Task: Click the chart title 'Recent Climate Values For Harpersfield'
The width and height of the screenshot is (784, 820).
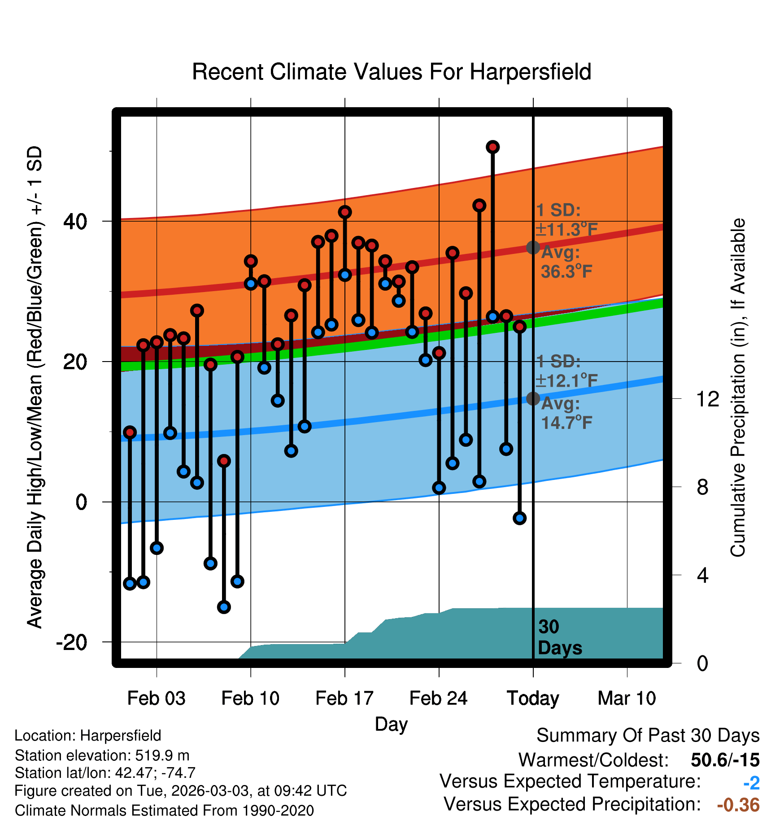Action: pos(392,72)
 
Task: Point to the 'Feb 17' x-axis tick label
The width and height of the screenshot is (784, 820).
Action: pos(344,698)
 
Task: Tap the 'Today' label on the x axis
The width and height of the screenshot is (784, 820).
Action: pos(533,698)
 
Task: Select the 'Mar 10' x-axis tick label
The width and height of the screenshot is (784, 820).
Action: pos(627,698)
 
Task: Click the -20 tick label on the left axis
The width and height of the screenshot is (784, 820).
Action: pos(72,642)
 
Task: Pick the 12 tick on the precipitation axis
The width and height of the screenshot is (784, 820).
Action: pos(708,399)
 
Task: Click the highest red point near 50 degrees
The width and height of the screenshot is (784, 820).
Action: pos(493,147)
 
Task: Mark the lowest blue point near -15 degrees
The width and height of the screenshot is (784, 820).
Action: pos(224,607)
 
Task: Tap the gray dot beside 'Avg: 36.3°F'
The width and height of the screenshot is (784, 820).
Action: pos(533,247)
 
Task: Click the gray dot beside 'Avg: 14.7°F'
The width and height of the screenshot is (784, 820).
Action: pos(533,398)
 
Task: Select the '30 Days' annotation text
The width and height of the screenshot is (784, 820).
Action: pos(560,637)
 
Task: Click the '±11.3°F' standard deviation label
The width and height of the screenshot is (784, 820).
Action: pos(567,230)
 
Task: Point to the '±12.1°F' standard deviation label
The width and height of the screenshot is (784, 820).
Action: pos(567,381)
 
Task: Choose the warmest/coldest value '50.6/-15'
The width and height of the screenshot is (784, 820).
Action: pos(725,760)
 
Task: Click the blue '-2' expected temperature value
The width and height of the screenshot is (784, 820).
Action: pos(752,783)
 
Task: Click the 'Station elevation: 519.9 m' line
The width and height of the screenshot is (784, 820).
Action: pos(102,756)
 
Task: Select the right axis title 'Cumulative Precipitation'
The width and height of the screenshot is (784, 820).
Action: pos(738,388)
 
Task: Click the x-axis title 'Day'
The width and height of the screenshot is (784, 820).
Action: pos(392,724)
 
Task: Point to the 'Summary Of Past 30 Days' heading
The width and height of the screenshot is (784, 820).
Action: pos(648,736)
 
